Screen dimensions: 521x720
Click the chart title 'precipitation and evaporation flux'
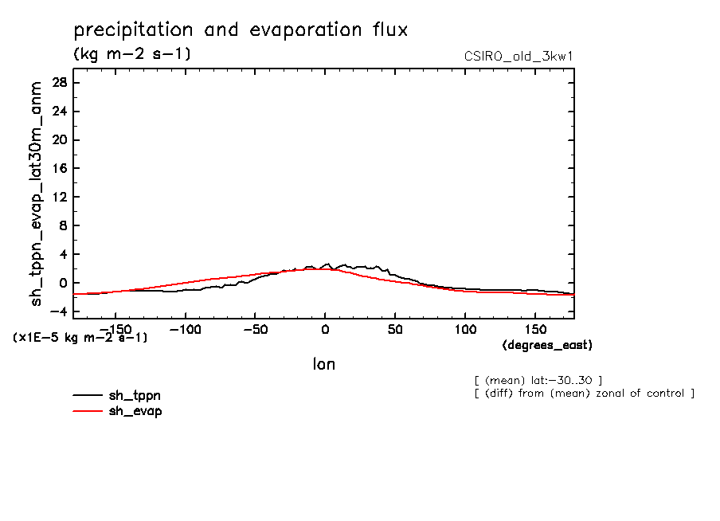point(241,31)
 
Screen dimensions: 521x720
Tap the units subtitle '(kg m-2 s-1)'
point(131,54)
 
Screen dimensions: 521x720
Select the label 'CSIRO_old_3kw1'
point(518,57)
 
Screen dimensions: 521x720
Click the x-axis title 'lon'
point(323,365)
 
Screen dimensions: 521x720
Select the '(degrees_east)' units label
point(547,346)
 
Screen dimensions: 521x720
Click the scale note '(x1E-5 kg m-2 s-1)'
point(80,338)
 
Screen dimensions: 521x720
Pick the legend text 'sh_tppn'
point(135,395)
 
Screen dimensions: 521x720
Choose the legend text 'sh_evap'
point(135,411)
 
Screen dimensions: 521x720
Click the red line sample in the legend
point(88,411)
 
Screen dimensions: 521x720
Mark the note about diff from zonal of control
point(584,394)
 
